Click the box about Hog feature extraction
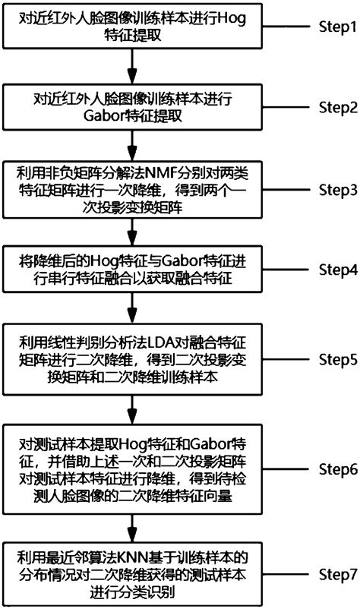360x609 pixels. pyautogui.click(x=133, y=28)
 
